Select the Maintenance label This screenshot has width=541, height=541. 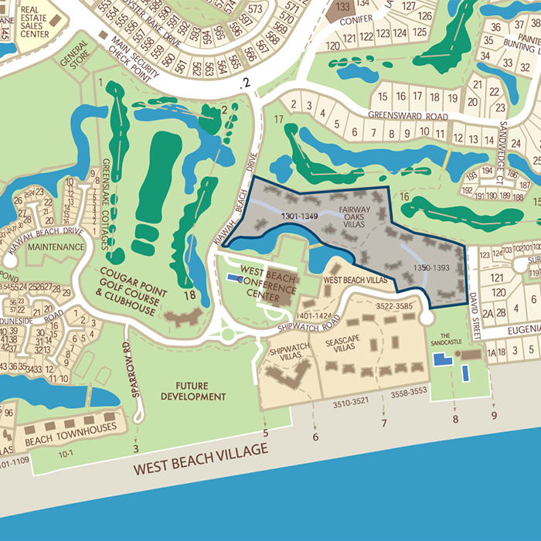coord(55,247)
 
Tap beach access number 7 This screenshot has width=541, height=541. coord(383,423)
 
